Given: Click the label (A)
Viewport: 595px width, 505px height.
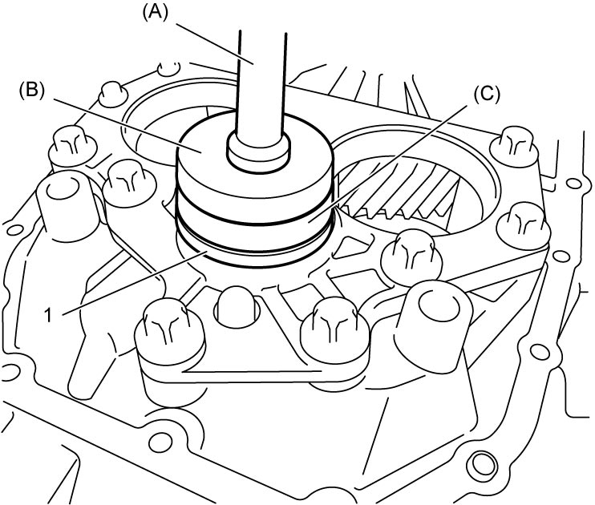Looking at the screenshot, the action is (155, 13).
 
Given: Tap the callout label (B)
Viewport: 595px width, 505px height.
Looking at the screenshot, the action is (32, 91).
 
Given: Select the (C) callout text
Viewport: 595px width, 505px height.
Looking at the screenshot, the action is (488, 94).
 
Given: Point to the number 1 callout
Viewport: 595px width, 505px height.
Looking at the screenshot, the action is (48, 315).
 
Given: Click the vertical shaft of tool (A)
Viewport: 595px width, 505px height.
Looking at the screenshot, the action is (261, 83).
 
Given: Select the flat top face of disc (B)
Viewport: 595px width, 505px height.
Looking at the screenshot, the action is (212, 151).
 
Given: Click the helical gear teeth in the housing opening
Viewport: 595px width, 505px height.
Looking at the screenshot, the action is (403, 190).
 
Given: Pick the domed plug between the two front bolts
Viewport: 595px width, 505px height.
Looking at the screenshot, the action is (237, 307).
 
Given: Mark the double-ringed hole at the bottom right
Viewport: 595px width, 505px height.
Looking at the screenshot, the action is (484, 463).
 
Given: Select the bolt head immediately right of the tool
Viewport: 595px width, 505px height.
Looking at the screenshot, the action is (411, 253).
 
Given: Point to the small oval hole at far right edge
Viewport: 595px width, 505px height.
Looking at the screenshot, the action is (575, 184).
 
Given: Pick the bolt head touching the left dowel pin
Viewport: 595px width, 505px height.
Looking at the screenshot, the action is (130, 184).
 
